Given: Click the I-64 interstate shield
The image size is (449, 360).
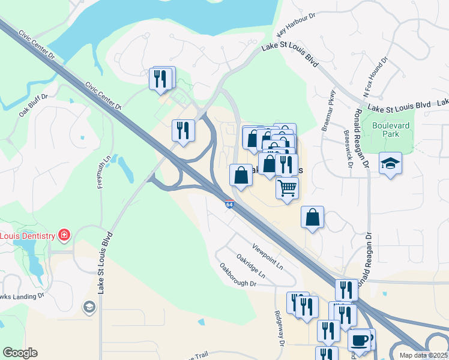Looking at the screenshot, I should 230,205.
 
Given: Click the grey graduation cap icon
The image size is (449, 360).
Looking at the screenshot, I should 89,308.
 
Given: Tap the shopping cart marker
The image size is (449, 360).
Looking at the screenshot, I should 288,188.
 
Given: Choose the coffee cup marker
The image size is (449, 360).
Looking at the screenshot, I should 360,340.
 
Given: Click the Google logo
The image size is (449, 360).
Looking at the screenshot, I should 20,353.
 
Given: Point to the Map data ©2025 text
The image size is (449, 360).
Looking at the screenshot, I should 424,355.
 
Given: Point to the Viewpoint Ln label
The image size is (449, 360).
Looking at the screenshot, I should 267,256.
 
